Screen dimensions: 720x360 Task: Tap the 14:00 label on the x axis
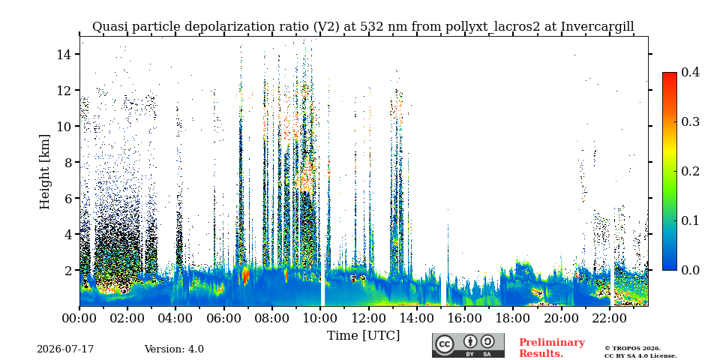tap(416, 318)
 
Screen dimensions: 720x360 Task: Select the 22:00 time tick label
tap(609, 318)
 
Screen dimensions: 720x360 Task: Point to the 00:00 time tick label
tap(79, 318)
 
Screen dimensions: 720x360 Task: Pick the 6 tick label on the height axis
tap(68, 198)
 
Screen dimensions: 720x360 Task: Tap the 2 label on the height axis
tap(70, 271)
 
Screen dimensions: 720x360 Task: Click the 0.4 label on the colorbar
tap(690, 72)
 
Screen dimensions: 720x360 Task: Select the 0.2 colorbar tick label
tap(690, 171)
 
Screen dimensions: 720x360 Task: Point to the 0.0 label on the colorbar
tap(690, 270)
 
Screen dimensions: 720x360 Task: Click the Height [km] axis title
tap(44, 172)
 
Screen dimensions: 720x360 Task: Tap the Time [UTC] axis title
tap(363, 336)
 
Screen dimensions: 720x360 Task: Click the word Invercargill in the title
tap(598, 27)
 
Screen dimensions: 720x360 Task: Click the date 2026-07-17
tap(65, 349)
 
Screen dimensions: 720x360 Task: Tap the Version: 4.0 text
tap(174, 349)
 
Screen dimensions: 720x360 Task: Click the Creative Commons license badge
tap(468, 345)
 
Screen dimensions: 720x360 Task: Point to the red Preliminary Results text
tap(552, 348)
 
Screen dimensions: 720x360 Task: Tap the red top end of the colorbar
tap(670, 74)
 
